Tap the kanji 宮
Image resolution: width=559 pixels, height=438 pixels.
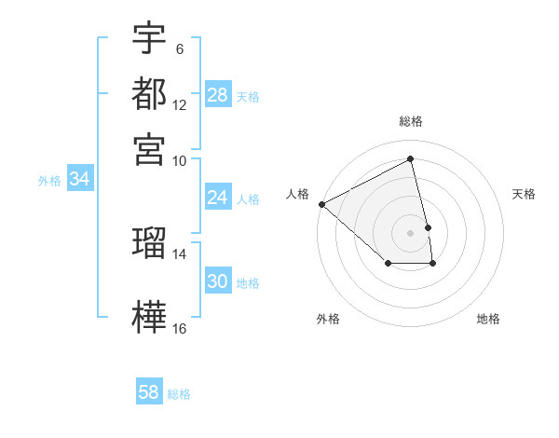(149, 149)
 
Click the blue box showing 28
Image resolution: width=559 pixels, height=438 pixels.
(218, 95)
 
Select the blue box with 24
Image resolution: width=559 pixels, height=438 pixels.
(218, 198)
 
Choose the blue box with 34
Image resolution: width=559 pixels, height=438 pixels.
(79, 180)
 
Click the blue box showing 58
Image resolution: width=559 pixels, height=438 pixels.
(149, 392)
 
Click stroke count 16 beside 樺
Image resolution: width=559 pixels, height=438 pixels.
(179, 328)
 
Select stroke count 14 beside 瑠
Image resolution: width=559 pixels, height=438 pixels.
(179, 253)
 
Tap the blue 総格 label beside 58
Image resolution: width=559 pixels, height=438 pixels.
(179, 394)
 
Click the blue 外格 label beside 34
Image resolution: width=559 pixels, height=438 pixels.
(49, 181)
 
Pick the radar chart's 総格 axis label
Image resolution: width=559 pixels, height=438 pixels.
(411, 121)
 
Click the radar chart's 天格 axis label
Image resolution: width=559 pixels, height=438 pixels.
(525, 194)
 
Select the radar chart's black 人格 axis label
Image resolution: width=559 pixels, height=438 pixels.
(298, 194)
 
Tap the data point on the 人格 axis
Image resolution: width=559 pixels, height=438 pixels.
(321, 204)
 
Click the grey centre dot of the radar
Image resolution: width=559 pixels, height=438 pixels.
(411, 233)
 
